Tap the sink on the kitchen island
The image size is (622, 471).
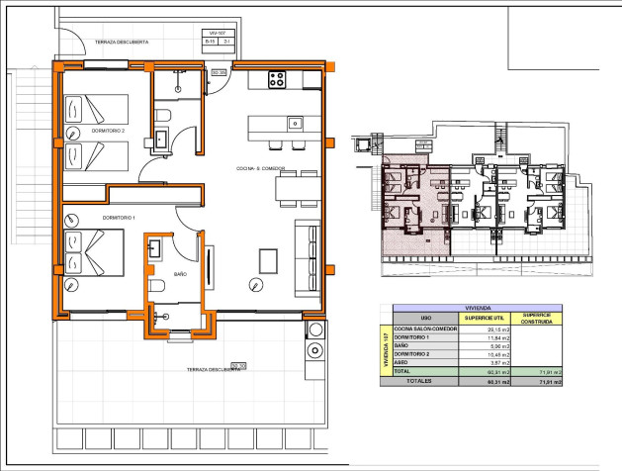pyautogui.click(x=295, y=123)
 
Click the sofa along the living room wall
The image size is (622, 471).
pyautogui.click(x=308, y=251)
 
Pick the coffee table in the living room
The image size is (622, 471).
pyautogui.click(x=270, y=260)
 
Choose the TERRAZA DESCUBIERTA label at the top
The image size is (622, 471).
pyautogui.click(x=122, y=43)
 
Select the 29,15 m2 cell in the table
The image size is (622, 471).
pyautogui.click(x=485, y=329)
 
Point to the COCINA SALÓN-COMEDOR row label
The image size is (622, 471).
pyautogui.click(x=425, y=329)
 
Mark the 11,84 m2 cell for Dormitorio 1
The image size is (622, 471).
pyautogui.click(x=485, y=336)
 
